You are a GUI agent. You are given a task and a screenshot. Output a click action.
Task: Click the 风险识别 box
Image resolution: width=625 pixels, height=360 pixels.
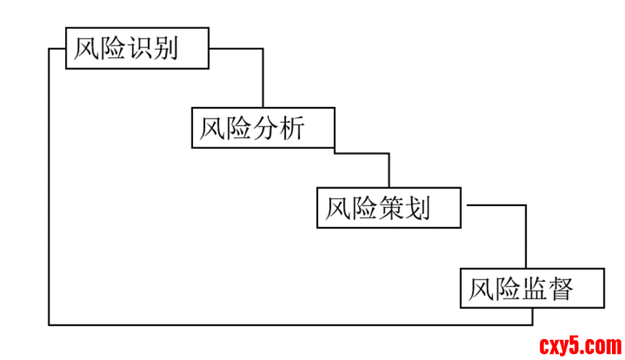(137, 48)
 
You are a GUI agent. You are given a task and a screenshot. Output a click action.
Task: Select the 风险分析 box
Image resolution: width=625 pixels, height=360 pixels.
(263, 128)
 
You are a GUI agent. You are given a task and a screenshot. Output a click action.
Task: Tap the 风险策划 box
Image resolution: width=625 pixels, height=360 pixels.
(389, 208)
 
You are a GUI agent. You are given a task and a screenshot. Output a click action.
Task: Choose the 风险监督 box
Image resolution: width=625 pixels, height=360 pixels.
(532, 288)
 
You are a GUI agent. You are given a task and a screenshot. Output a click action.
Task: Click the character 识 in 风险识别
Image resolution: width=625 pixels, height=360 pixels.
(141, 49)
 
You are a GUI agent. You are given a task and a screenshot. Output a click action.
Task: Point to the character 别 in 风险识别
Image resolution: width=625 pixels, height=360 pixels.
(166, 49)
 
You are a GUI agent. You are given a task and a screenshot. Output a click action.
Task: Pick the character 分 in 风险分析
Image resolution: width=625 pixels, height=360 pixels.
(267, 129)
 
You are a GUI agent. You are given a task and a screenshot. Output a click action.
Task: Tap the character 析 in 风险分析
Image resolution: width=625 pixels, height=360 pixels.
(292, 129)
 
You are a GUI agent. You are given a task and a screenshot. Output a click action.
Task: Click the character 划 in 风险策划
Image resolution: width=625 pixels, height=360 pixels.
(418, 208)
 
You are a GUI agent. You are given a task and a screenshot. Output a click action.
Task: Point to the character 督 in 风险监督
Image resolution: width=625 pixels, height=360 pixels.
(561, 288)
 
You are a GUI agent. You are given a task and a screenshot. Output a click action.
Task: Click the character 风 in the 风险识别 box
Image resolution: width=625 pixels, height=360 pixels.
(87, 49)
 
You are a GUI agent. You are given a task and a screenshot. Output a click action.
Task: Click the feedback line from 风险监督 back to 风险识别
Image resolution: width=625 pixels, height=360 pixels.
(49, 217)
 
